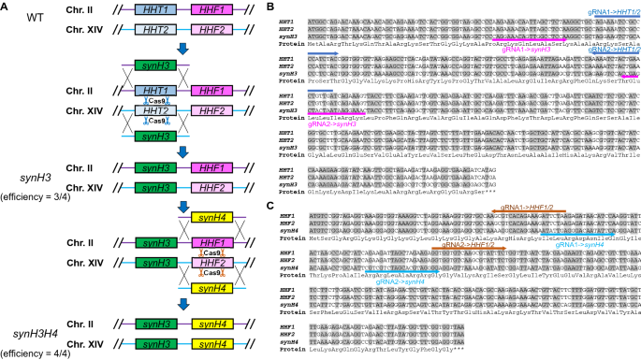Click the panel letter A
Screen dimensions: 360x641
[x=7, y=7]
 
